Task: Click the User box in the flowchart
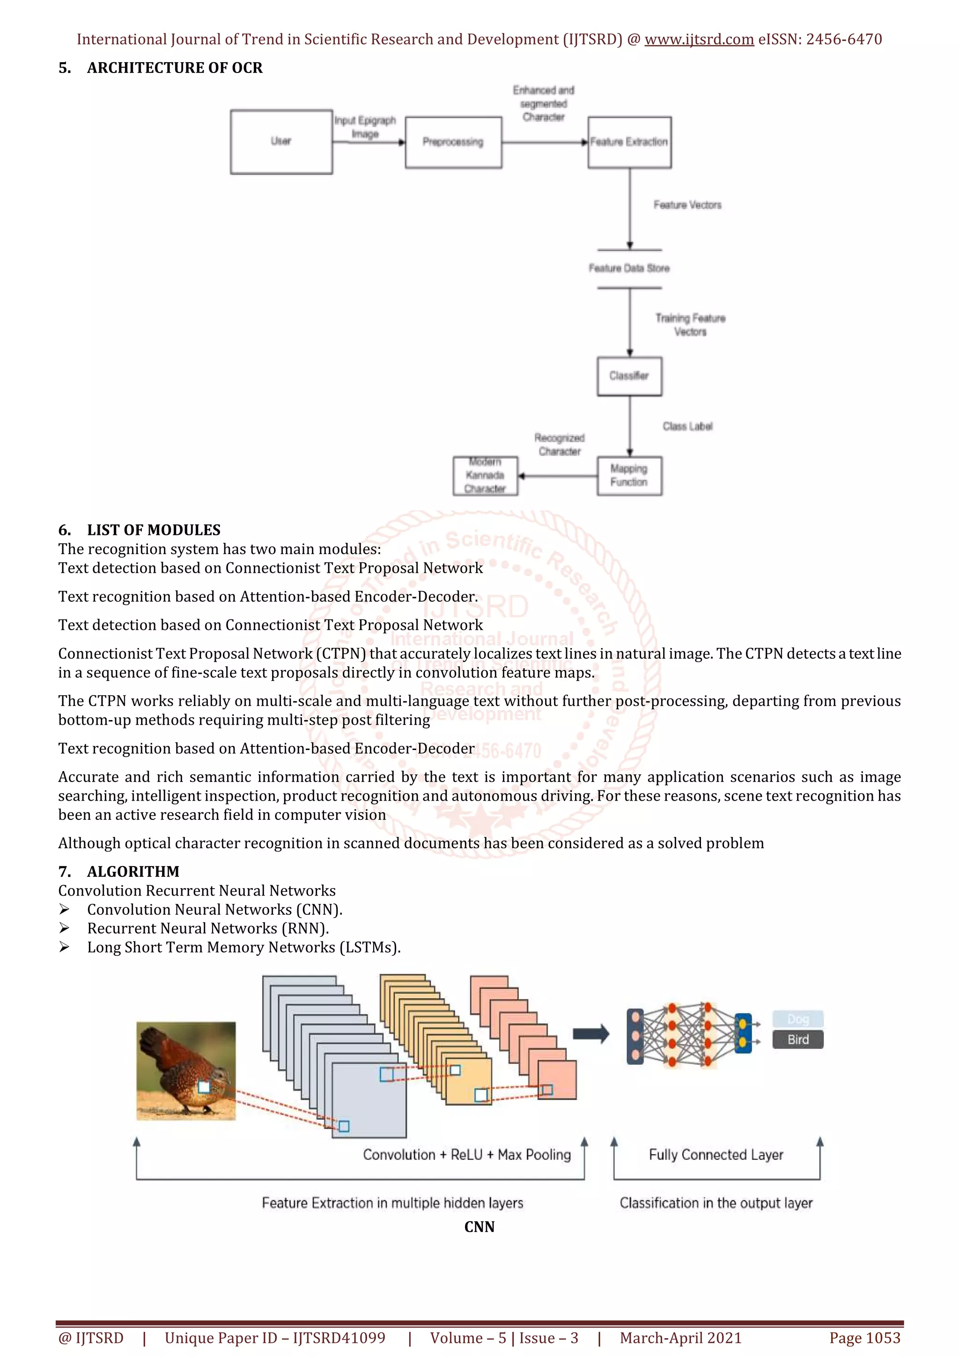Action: click(x=281, y=142)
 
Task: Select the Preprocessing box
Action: click(x=453, y=142)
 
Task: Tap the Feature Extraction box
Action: click(x=629, y=142)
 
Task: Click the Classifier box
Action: click(x=629, y=376)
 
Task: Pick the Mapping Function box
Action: click(x=629, y=475)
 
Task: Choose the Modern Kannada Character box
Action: click(x=485, y=475)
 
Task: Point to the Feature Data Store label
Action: click(x=629, y=269)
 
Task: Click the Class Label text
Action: click(x=687, y=426)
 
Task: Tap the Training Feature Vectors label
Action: click(x=690, y=325)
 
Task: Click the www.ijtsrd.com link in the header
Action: click(x=699, y=40)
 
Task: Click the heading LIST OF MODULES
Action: click(x=154, y=530)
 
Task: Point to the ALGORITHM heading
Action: click(x=133, y=871)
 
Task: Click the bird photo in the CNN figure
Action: click(x=186, y=1071)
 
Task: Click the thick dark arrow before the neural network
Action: click(x=591, y=1034)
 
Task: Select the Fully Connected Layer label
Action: click(x=716, y=1155)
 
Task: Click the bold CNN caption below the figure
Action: click(x=479, y=1227)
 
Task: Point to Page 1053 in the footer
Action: click(x=865, y=1338)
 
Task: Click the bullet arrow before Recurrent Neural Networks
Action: click(x=65, y=928)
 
